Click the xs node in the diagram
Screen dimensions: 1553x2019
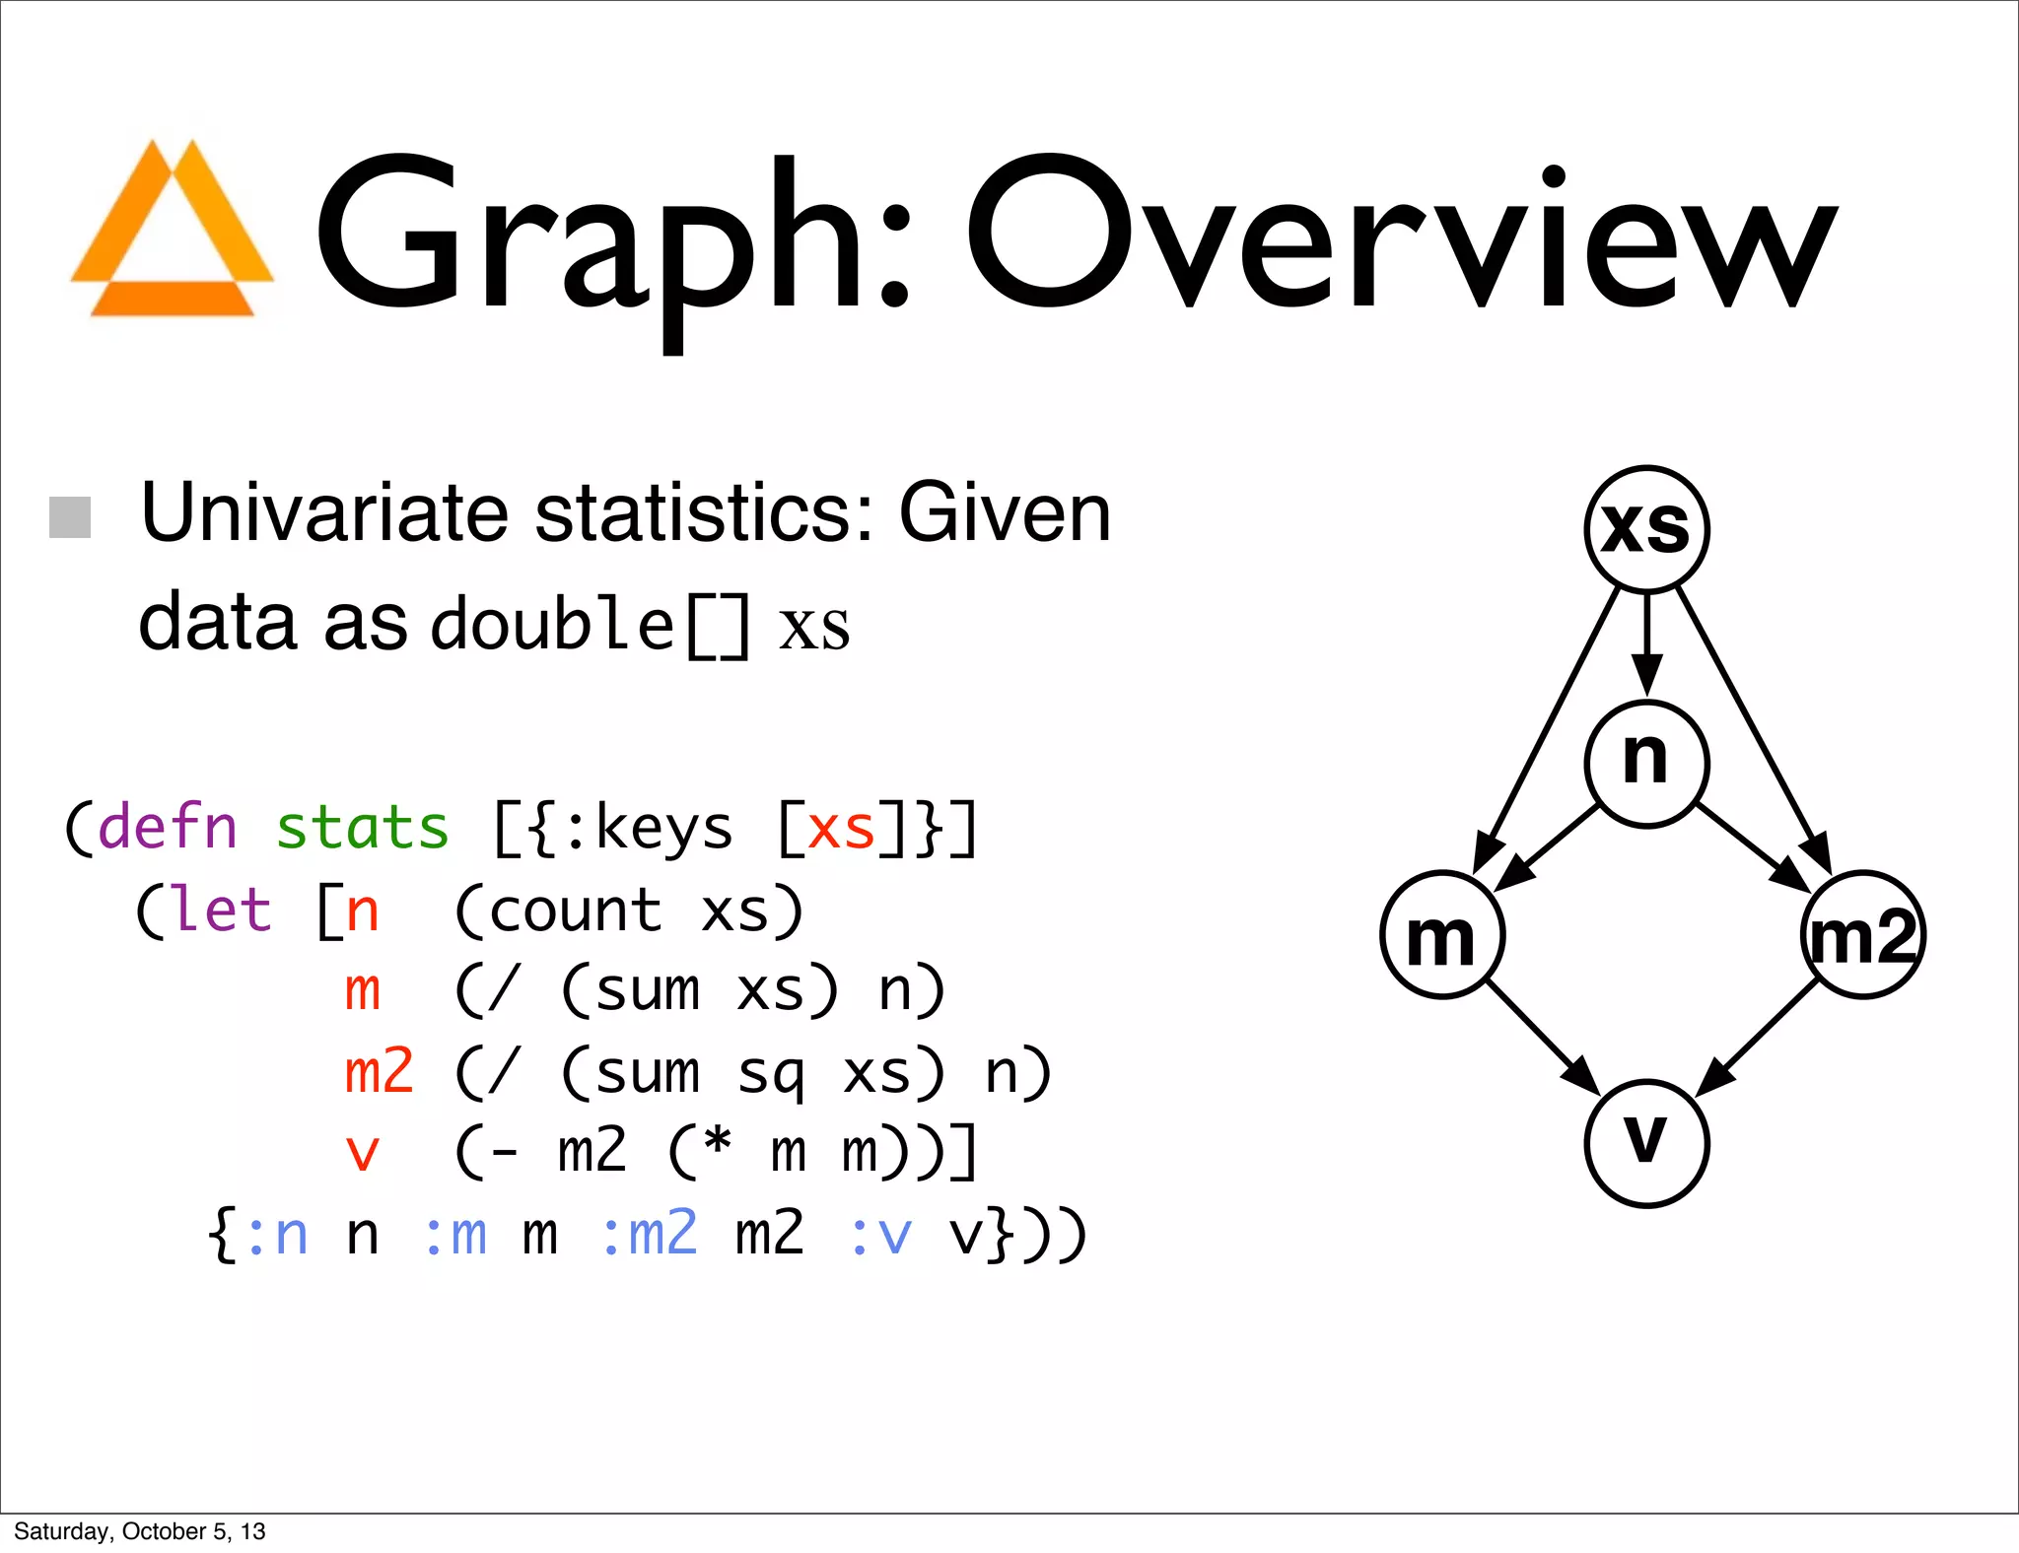(x=1646, y=529)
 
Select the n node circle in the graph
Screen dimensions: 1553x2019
(x=1646, y=763)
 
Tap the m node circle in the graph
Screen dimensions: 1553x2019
(x=1442, y=935)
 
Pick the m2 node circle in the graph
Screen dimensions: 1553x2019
(x=1862, y=935)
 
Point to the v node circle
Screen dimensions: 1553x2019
(x=1646, y=1143)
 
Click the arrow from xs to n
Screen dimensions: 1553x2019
(x=1646, y=645)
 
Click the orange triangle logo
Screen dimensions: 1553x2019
(x=173, y=232)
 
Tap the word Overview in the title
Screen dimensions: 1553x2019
(x=1400, y=236)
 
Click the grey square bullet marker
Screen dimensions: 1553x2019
(x=70, y=517)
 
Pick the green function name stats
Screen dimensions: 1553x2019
(x=362, y=828)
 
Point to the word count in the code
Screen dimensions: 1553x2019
(x=575, y=910)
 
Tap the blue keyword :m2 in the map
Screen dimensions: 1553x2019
(x=650, y=1234)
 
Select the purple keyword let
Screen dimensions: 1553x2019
(x=222, y=909)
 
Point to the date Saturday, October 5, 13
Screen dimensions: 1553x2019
(x=139, y=1531)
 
